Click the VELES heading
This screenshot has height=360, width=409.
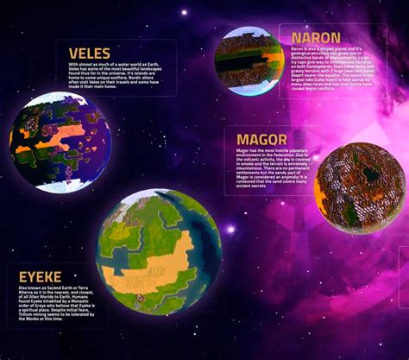89,53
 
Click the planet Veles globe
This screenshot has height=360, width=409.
62,140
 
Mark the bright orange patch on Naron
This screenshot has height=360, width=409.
272,60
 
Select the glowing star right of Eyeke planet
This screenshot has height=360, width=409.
230,230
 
